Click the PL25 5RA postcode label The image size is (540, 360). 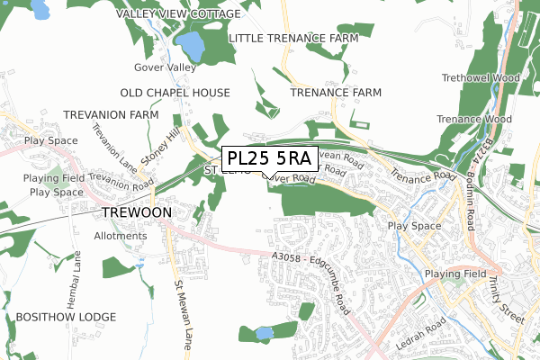tap(267, 158)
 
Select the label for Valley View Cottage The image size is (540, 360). tap(179, 14)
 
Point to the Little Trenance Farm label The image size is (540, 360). tap(293, 38)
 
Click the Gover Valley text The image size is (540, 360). tap(164, 67)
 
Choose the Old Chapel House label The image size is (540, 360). tap(175, 93)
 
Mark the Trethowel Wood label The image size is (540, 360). tap(481, 78)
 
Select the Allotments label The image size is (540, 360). tap(120, 236)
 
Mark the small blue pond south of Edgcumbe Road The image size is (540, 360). tap(263, 333)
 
